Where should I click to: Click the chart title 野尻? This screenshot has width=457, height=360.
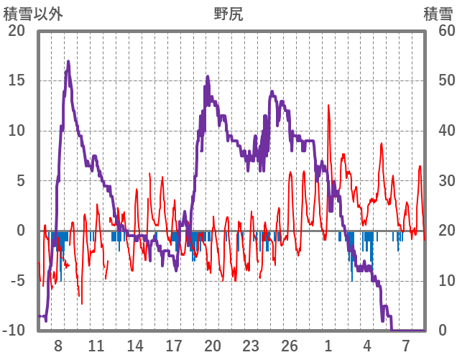click(228, 14)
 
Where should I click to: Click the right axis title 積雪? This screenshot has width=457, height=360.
click(438, 14)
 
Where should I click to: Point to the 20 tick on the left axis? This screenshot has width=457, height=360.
click(17, 31)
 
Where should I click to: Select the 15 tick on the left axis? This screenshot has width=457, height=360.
click(17, 80)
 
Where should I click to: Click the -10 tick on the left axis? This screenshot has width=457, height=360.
click(14, 331)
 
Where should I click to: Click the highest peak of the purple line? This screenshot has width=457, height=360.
click(68, 62)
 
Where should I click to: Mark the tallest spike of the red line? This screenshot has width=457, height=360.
click(328, 106)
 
